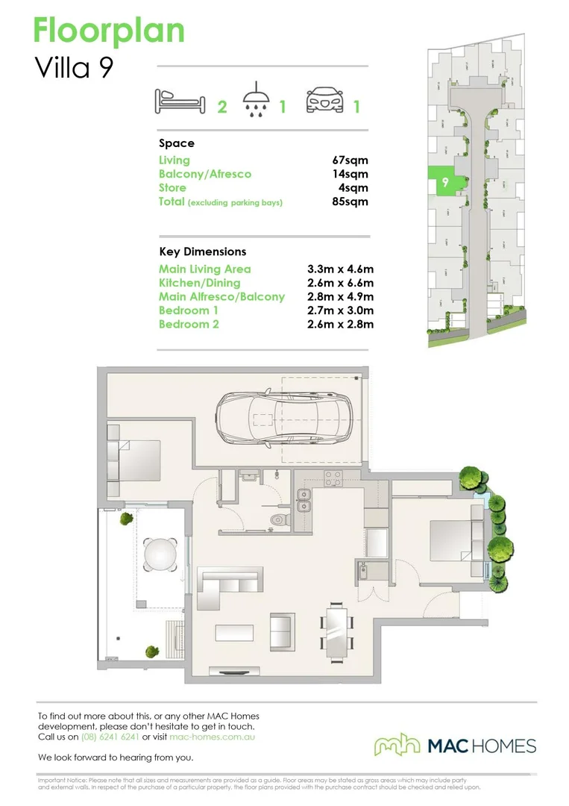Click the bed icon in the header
[x=179, y=101]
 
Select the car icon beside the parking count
[x=325, y=101]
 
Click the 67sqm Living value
[x=350, y=160]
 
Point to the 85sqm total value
[x=350, y=201]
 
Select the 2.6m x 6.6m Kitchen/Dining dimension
[x=340, y=283]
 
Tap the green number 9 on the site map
[x=444, y=181]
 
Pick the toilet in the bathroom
[x=280, y=519]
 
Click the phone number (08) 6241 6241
[x=110, y=737]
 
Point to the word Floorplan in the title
[x=109, y=31]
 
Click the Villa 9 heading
[x=74, y=68]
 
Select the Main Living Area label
[x=204, y=269]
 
